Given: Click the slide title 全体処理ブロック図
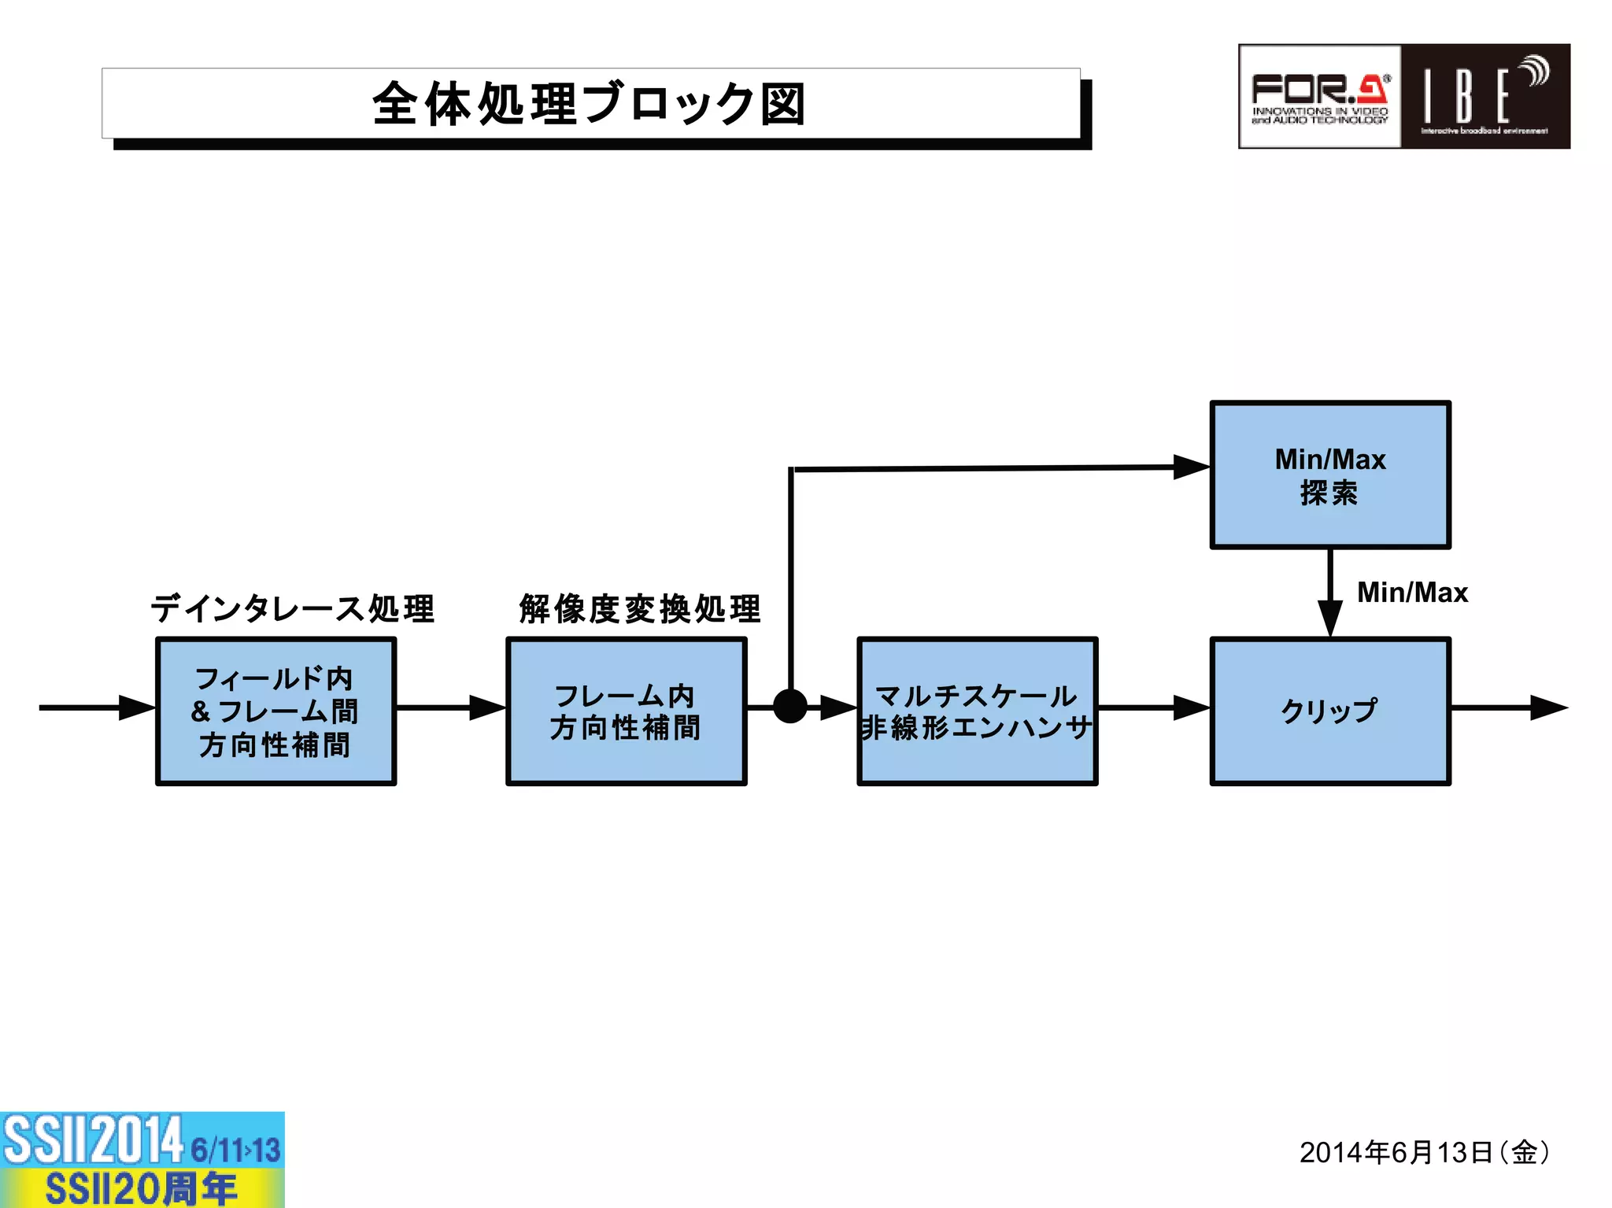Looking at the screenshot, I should (590, 104).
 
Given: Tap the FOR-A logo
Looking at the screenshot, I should (1320, 97).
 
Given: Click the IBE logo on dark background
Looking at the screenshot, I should (1484, 97).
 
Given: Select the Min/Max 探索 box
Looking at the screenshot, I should (1329, 475).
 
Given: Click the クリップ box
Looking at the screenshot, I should (1329, 711).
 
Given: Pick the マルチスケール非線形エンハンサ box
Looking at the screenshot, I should (977, 711).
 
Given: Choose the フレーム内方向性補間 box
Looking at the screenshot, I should (626, 711).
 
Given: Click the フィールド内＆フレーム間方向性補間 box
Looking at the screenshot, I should (275, 711).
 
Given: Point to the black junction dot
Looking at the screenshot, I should (790, 706).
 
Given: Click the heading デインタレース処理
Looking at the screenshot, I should (292, 608).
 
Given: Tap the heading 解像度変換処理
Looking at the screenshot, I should (640, 608).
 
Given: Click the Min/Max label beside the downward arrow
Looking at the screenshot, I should (1412, 592).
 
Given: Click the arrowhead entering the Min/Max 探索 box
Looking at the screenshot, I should (1191, 467).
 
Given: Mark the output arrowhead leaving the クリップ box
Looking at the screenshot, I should (1547, 707).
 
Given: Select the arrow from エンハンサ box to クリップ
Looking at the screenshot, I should (1154, 707).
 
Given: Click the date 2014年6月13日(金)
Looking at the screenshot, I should (1425, 1152).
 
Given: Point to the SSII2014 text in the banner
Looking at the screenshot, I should (93, 1140).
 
